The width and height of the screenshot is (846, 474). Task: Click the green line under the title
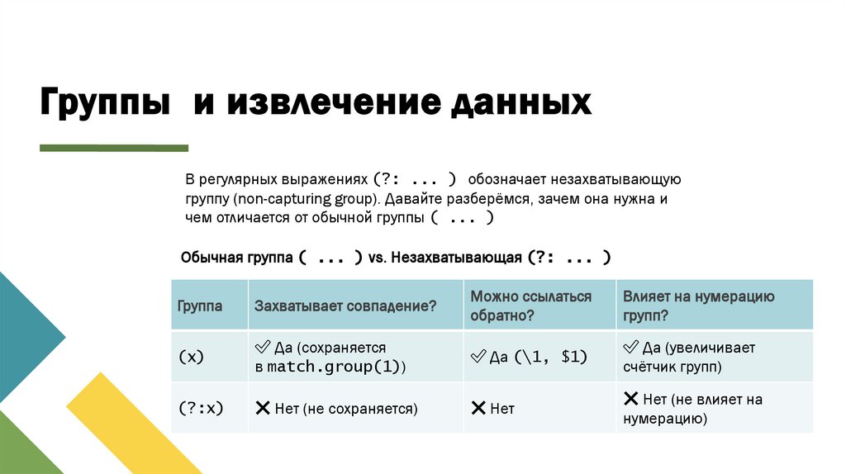point(114,148)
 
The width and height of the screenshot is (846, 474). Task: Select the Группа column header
point(200,306)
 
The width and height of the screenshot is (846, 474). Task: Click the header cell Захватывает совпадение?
point(345,306)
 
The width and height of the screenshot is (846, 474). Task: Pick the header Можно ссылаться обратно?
point(531,306)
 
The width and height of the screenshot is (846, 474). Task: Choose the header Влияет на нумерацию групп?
point(699,306)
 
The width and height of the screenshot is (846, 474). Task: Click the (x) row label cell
point(191,357)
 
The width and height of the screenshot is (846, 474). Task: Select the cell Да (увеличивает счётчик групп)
point(699,357)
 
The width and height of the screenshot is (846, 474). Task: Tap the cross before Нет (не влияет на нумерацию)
point(630,399)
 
